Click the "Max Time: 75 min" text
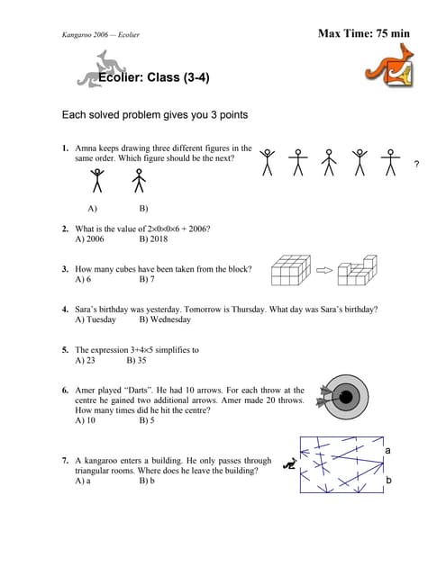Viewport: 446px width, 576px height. pyautogui.click(x=363, y=33)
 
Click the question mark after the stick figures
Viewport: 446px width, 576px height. pyautogui.click(x=416, y=164)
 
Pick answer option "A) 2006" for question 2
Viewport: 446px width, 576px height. pyautogui.click(x=90, y=240)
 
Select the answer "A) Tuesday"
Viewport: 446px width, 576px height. pyautogui.click(x=96, y=319)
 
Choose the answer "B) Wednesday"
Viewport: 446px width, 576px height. pyautogui.click(x=165, y=319)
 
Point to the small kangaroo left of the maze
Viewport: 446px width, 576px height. pyautogui.click(x=289, y=465)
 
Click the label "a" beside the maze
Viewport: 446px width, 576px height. pyautogui.click(x=387, y=449)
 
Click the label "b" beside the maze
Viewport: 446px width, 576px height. pyautogui.click(x=388, y=481)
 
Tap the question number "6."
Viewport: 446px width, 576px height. pyautogui.click(x=66, y=391)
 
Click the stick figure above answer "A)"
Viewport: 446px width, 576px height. pyautogui.click(x=97, y=182)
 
